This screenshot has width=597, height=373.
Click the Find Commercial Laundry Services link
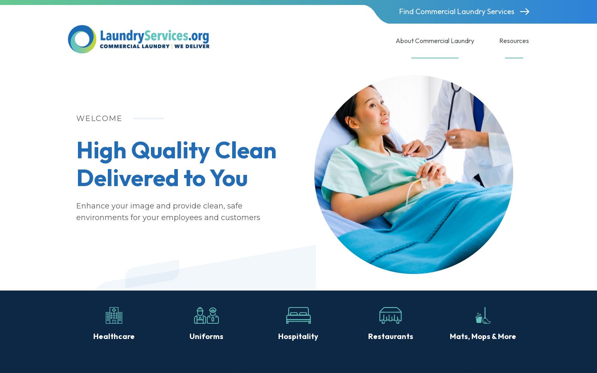click(456, 12)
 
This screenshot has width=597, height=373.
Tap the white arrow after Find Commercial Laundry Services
click(524, 12)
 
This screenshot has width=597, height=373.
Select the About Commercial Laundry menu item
click(434, 41)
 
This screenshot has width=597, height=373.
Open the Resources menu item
click(514, 41)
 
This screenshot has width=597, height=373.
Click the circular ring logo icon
click(82, 39)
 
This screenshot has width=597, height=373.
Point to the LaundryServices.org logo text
click(154, 36)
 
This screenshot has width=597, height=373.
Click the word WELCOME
click(99, 119)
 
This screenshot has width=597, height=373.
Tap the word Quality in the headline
click(170, 150)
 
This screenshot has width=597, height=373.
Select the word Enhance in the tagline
click(93, 206)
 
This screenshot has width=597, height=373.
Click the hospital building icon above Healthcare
click(114, 315)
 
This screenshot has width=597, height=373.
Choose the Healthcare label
click(114, 337)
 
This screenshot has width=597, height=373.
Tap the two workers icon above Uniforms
click(206, 315)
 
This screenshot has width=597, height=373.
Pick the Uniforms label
click(206, 337)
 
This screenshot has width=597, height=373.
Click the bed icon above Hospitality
click(298, 315)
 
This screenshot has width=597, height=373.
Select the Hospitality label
click(298, 337)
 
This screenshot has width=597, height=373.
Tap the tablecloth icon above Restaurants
click(391, 315)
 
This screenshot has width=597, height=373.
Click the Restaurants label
click(391, 337)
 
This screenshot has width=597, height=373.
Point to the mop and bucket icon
click(483, 315)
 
